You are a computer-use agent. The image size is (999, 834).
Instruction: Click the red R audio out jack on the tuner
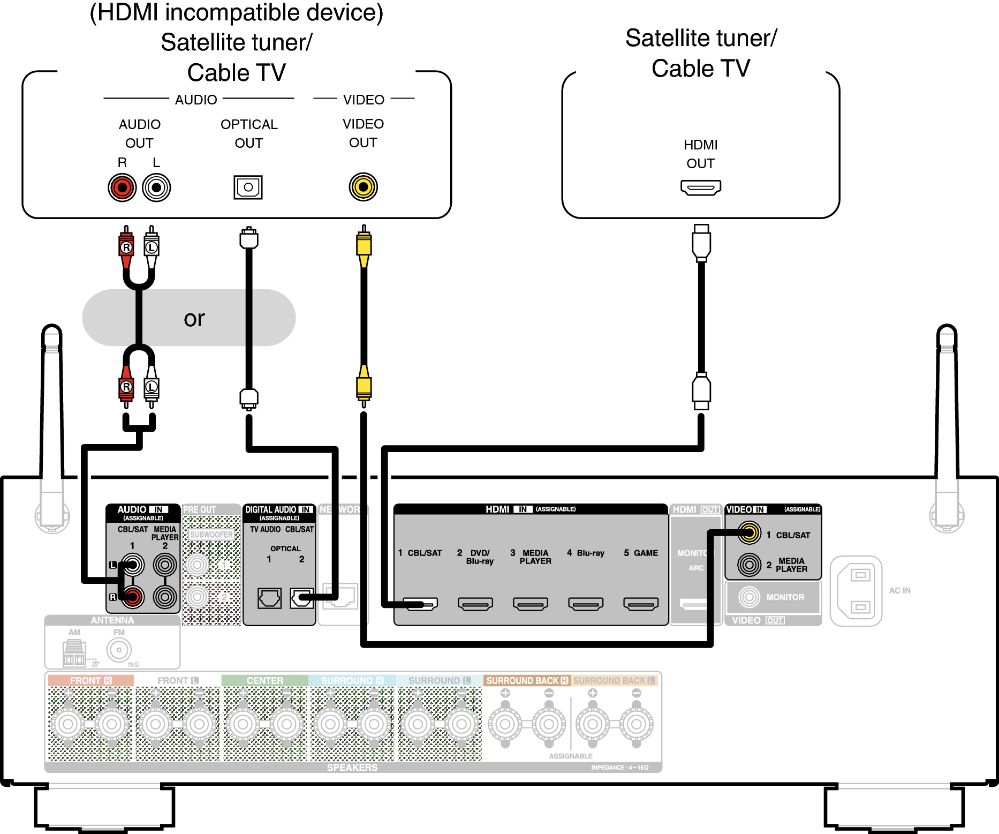(122, 187)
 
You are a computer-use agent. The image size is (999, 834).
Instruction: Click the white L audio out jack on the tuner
(156, 187)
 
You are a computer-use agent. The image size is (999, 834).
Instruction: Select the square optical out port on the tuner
(248, 187)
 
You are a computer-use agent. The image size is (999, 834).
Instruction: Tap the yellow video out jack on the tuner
(364, 187)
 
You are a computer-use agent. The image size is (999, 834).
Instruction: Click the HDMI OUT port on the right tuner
(700, 187)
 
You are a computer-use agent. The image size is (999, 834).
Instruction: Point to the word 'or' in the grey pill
(194, 319)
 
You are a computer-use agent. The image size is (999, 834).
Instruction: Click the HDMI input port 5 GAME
(641, 604)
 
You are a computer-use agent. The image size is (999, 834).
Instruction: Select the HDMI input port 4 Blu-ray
(586, 604)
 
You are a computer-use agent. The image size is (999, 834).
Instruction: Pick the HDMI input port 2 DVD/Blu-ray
(475, 604)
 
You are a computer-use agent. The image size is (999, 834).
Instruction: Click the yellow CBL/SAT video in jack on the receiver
(750, 533)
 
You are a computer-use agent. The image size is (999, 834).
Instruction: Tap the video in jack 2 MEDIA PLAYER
(750, 565)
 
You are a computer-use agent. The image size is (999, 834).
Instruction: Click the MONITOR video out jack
(750, 597)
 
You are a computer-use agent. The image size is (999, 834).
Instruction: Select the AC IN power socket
(856, 591)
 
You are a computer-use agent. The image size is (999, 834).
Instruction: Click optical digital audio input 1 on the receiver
(269, 598)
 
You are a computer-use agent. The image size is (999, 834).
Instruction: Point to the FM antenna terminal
(119, 650)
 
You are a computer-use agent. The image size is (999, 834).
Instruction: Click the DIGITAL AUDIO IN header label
(278, 509)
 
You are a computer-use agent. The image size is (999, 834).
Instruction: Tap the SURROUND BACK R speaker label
(527, 680)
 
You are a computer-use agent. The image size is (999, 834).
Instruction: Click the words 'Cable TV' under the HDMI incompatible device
(237, 72)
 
